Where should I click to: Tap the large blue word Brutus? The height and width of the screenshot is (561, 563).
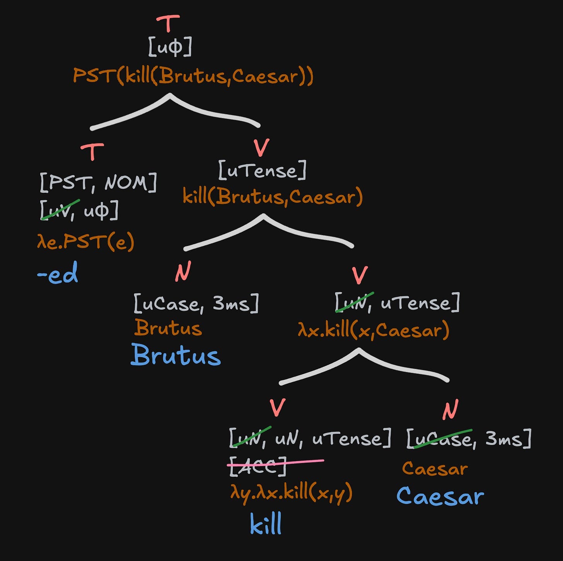pyautogui.click(x=176, y=355)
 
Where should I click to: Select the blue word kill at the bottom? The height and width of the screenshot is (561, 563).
pyautogui.click(x=266, y=524)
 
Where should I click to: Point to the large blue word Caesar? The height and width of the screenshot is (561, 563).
pyautogui.click(x=440, y=496)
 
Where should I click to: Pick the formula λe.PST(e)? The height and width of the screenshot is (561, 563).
pyautogui.click(x=85, y=242)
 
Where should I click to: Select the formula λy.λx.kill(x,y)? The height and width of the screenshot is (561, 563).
pyautogui.click(x=291, y=493)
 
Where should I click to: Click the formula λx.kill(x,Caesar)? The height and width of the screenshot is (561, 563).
pyautogui.click(x=374, y=330)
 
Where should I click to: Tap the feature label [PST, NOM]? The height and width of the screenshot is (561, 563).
pyautogui.click(x=98, y=182)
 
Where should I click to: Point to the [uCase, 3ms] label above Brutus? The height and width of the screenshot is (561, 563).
pyautogui.click(x=196, y=303)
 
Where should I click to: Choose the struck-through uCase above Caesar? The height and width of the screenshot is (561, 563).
pyautogui.click(x=442, y=439)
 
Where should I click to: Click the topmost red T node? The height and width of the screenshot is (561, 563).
pyautogui.click(x=168, y=24)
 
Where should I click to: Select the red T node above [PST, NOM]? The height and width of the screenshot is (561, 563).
pyautogui.click(x=92, y=152)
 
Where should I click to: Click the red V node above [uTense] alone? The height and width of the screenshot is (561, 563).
pyautogui.click(x=262, y=147)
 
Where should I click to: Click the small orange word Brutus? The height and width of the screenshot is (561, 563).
pyautogui.click(x=168, y=328)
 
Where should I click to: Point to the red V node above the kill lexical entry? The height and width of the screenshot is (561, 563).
pyautogui.click(x=277, y=407)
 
